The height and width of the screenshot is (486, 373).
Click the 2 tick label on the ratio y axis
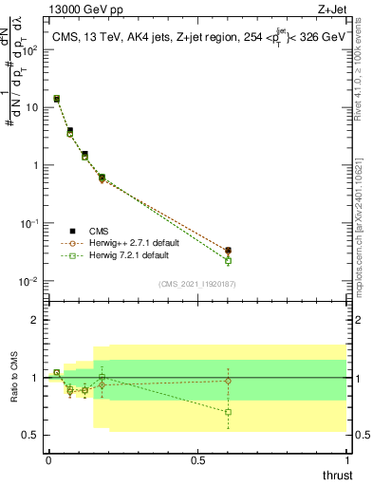coord(34,320)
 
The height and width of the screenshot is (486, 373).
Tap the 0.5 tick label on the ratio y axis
coord(29,435)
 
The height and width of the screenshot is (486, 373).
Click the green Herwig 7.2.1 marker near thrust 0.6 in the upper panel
coord(228,260)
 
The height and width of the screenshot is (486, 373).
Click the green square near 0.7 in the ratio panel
coord(228,412)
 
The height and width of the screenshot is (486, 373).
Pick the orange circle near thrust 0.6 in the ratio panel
coord(228,381)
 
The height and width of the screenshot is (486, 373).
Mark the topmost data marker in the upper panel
coord(57,98)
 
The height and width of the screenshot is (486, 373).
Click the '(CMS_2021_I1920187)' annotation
coord(197,285)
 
